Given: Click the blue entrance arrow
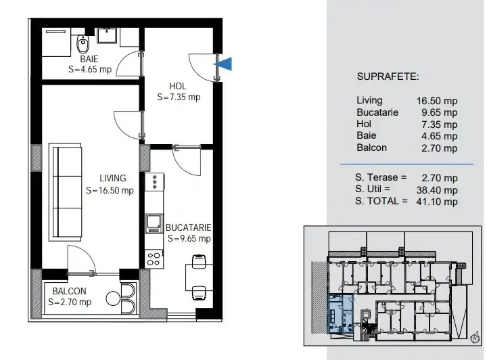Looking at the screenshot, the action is pos(225,64).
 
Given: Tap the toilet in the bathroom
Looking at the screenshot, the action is pos(83,44).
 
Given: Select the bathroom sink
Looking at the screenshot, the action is pos(107,35).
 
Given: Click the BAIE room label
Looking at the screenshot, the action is pos(89,59).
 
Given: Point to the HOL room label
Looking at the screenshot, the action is pos(178,86).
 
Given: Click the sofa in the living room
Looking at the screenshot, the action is pos(66,192).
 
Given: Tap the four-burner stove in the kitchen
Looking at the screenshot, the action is pos(154,259).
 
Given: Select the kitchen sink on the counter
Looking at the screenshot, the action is pos(154,223).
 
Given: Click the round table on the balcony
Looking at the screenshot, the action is pos(112,298).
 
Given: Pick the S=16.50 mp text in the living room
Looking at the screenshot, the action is pos(110,190).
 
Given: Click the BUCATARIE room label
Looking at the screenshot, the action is pos(189,227).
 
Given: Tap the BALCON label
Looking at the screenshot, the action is pos(69,291).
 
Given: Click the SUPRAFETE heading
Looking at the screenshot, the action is pos(388,76).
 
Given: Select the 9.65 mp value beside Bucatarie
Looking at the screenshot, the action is pos(439,112).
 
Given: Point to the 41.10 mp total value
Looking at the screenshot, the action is pos(437,202).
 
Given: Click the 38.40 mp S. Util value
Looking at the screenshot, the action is pos(437,189).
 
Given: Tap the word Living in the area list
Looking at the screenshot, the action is pos(369,100).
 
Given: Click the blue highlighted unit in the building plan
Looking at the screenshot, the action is pos(340,313).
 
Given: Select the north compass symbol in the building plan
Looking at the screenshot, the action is pos(475,337).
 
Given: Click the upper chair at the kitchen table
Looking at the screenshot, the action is pos(199,261).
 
